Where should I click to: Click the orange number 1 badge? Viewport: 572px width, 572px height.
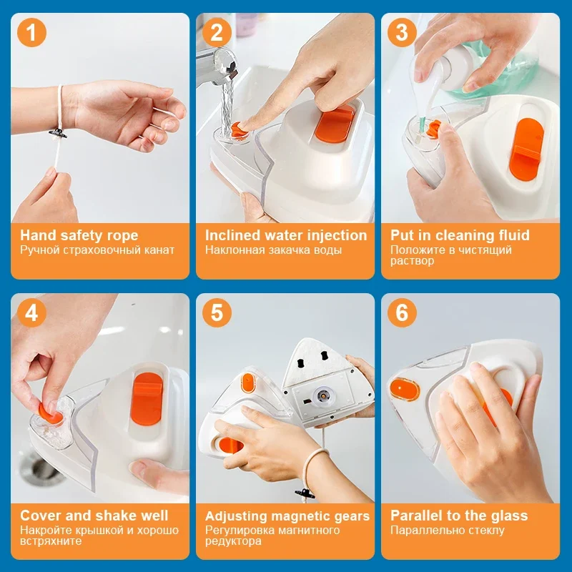point(31,32)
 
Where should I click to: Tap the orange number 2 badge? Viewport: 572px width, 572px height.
point(217,32)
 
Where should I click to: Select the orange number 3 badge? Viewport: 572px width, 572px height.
point(402,32)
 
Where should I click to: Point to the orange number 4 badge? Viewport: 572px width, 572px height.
point(31,312)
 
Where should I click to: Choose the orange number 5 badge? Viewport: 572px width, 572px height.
point(217,312)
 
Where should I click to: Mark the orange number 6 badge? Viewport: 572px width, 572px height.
point(402,312)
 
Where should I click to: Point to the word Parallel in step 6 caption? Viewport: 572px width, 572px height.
point(416,516)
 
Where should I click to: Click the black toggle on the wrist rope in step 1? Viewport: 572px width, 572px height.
point(58,134)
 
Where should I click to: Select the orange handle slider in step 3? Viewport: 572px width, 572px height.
point(526,149)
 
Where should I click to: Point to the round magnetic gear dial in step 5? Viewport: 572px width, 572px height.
point(322,395)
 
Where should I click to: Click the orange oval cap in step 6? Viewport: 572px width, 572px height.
point(405,389)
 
